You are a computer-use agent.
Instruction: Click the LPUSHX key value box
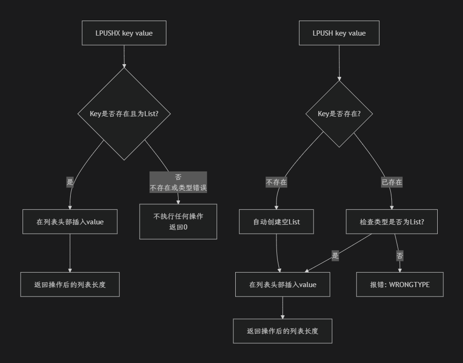pyautogui.click(x=124, y=33)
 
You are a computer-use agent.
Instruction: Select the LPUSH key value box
pyautogui.click(x=339, y=33)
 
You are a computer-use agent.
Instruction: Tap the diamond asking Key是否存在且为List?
pyautogui.click(x=124, y=113)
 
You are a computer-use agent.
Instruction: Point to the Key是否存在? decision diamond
pyautogui.click(x=339, y=113)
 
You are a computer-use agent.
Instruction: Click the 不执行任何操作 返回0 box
pyautogui.click(x=178, y=222)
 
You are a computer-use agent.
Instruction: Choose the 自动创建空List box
pyautogui.click(x=276, y=222)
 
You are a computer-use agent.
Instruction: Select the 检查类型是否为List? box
pyautogui.click(x=392, y=222)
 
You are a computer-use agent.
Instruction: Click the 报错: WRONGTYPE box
pyautogui.click(x=400, y=284)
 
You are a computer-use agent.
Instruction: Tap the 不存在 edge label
pyautogui.click(x=276, y=182)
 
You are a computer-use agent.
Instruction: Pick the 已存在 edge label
pyautogui.click(x=392, y=182)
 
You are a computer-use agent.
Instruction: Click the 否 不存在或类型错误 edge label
pyautogui.click(x=178, y=183)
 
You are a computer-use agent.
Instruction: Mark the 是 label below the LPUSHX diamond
pyautogui.click(x=70, y=182)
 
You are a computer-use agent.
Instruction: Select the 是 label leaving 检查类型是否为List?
pyautogui.click(x=335, y=256)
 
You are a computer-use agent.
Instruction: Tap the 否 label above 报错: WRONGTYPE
pyautogui.click(x=400, y=256)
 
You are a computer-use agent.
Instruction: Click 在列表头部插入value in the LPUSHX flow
pyautogui.click(x=70, y=222)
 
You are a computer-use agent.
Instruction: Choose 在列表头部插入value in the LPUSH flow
pyautogui.click(x=283, y=284)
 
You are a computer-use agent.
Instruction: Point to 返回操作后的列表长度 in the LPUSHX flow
pyautogui.click(x=70, y=284)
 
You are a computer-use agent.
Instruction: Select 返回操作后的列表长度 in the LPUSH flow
pyautogui.click(x=283, y=331)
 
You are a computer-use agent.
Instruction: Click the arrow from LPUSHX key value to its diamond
pyautogui.click(x=124, y=56)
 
